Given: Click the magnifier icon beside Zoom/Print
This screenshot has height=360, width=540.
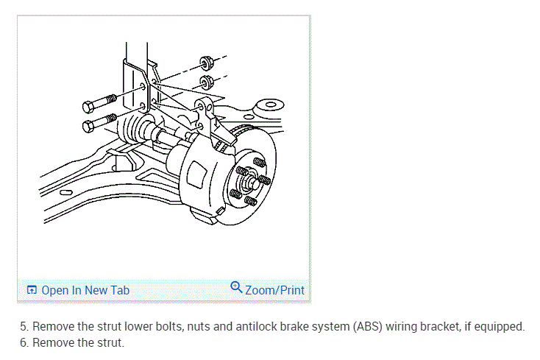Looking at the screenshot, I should (236, 287).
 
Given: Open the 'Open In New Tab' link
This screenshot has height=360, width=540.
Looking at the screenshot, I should (85, 290).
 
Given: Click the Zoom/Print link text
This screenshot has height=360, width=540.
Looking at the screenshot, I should (274, 290).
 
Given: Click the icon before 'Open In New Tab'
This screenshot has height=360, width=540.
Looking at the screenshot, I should (32, 290).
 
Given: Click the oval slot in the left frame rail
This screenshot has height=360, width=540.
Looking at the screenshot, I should (65, 192).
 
